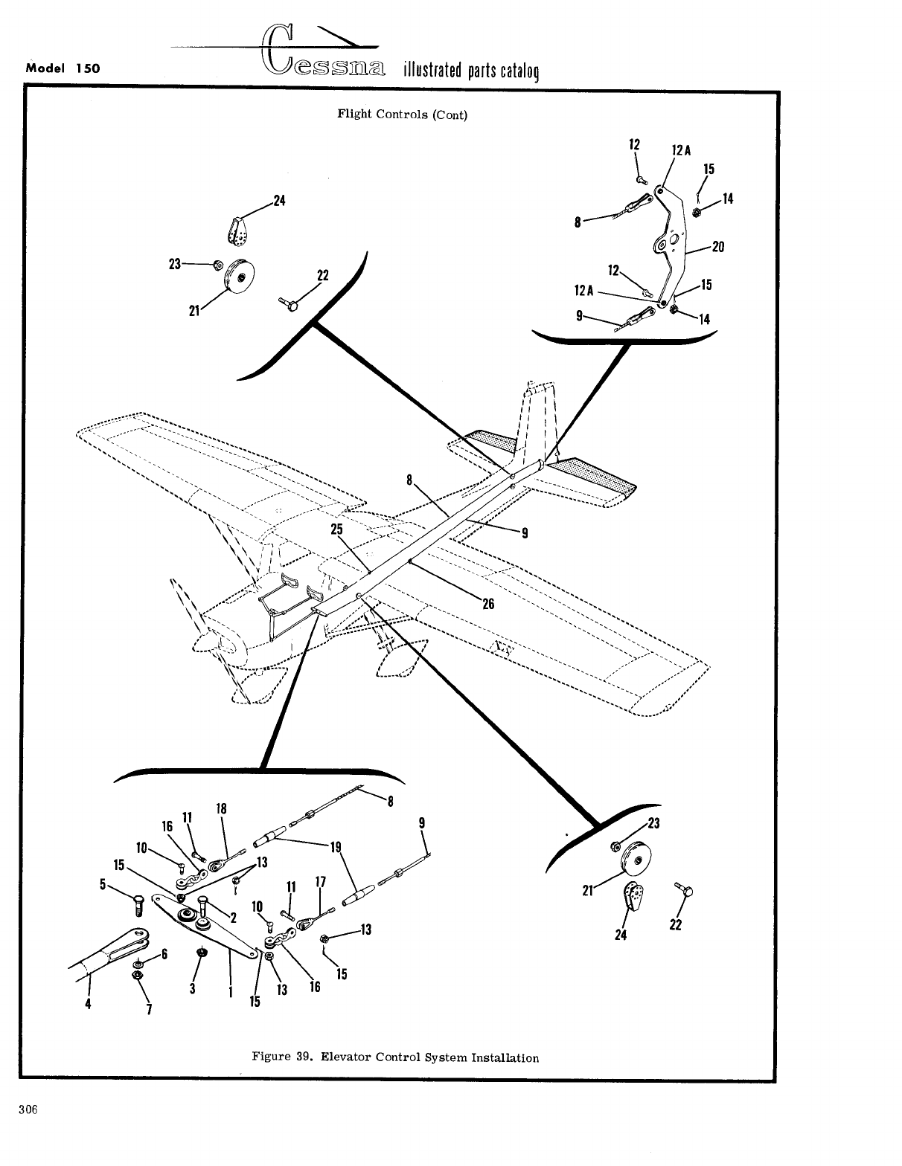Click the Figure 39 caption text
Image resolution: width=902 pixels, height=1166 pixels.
395,1057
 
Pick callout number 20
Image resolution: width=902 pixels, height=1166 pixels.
717,247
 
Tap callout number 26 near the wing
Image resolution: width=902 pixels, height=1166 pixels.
488,604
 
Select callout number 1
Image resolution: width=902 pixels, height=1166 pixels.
231,991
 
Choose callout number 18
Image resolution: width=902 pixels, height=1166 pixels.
221,809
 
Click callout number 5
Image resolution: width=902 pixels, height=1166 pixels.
102,884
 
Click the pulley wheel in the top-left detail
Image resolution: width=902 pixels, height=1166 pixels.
239,277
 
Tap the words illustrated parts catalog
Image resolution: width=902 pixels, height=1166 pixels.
470,71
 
